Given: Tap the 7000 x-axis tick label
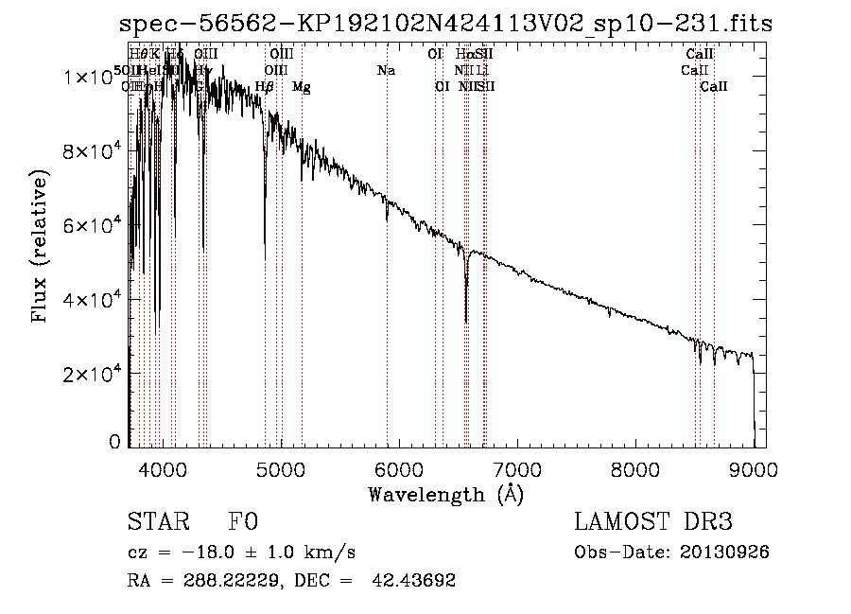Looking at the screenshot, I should point(517,468).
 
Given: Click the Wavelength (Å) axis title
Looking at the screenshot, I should point(445,494).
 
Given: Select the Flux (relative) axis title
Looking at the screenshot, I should point(41,246).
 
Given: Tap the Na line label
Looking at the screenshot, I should point(386,71).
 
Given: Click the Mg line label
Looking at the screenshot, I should point(302,87).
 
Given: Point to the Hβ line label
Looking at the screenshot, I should point(265,87).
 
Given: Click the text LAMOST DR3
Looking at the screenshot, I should point(652,521).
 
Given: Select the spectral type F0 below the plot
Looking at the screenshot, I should point(243,521).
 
